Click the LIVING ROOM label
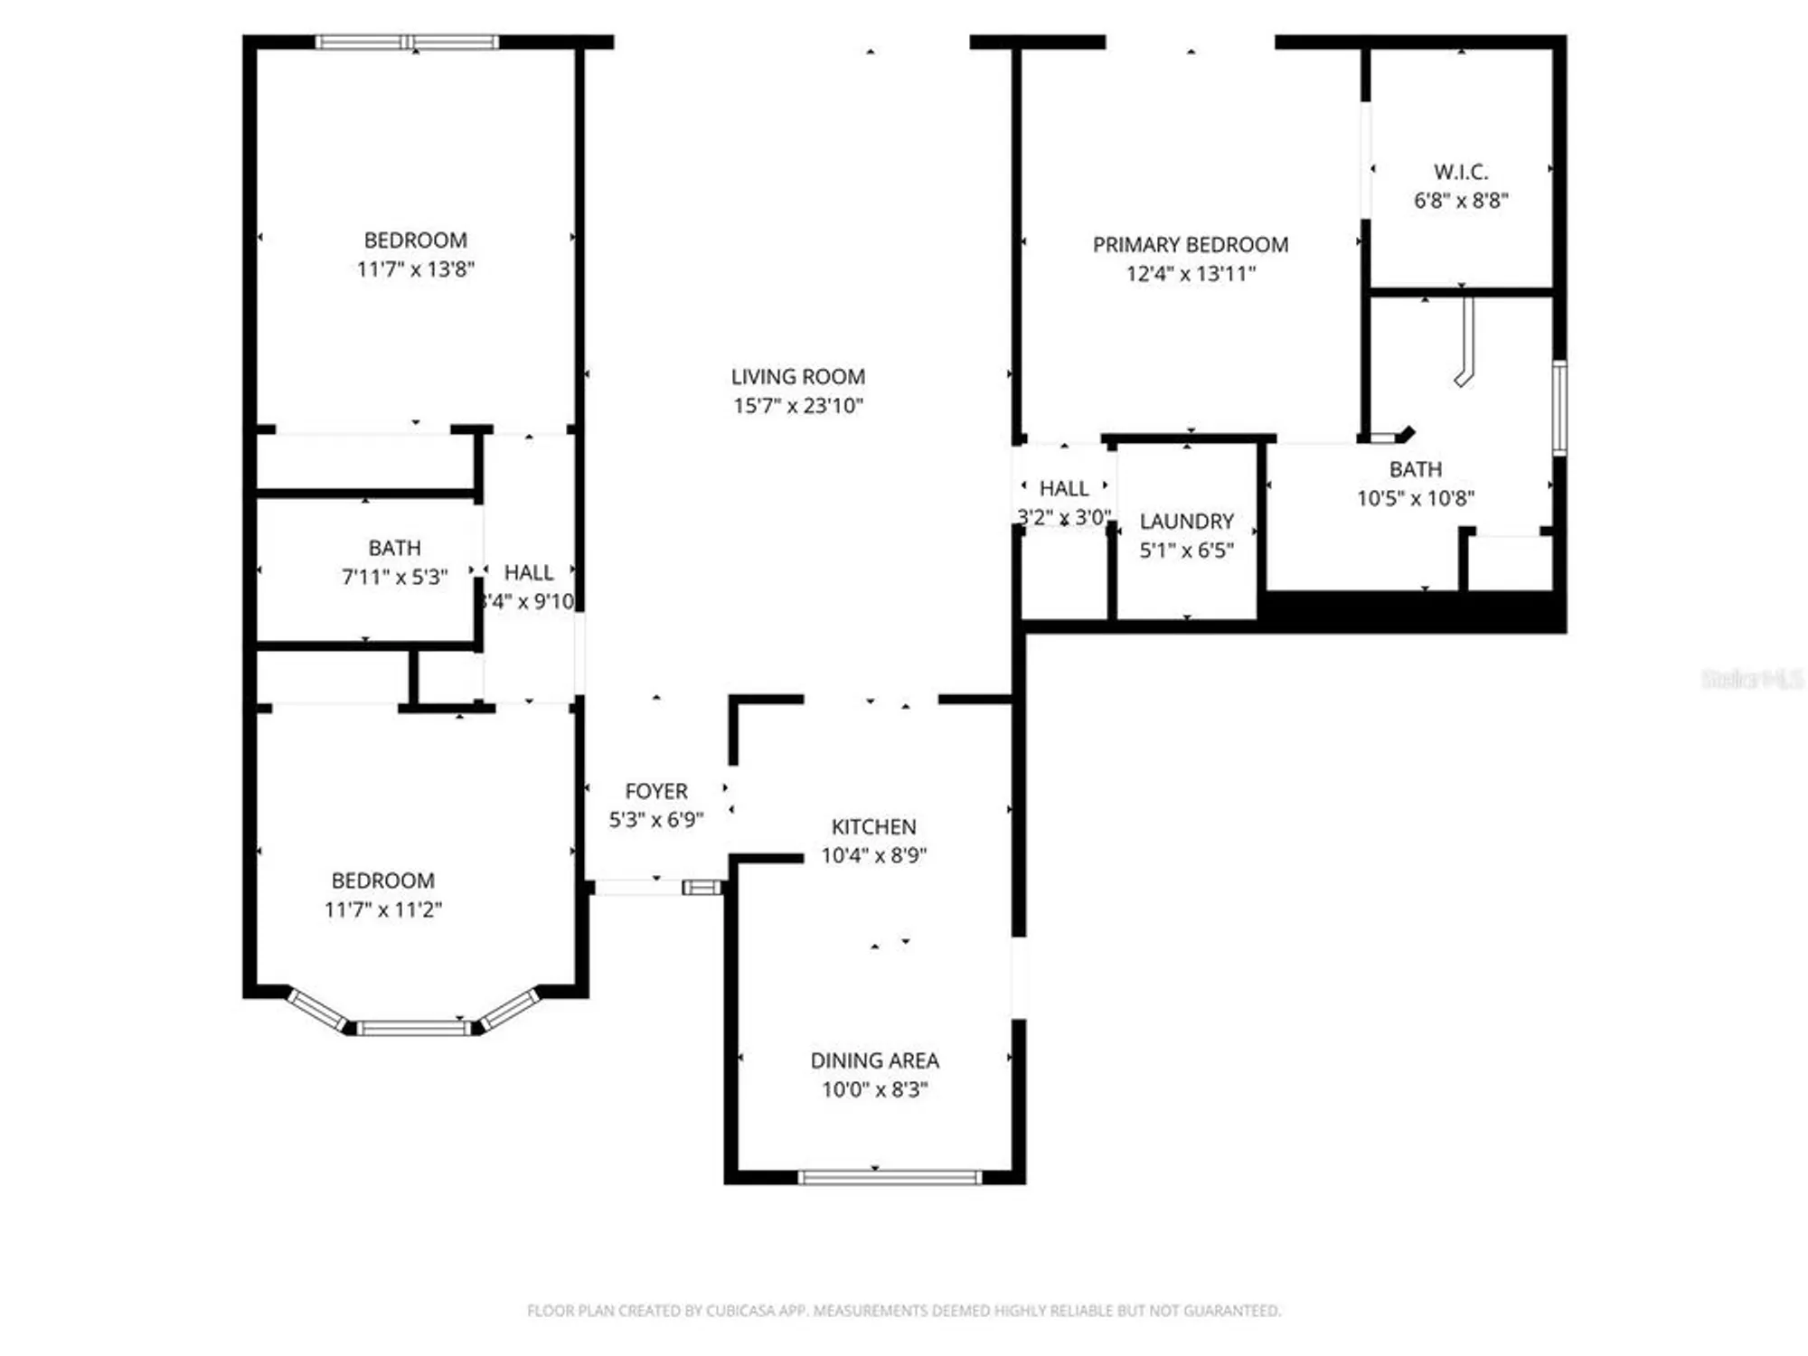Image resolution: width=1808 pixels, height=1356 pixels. coord(797,376)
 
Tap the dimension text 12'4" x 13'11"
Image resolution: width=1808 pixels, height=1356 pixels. coord(1191,273)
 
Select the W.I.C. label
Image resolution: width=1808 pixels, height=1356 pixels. coord(1460,171)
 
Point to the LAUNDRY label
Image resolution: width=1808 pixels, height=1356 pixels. coord(1186,521)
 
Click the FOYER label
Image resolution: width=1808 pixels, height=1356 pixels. coord(656,791)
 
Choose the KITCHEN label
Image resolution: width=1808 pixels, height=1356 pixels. coord(873,826)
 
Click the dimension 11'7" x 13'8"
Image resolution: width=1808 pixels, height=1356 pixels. coord(415,268)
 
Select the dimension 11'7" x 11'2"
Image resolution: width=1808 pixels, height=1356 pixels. coord(382,909)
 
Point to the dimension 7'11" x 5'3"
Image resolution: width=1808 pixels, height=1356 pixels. coord(394,576)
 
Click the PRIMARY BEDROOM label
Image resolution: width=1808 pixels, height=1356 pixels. coord(1190,244)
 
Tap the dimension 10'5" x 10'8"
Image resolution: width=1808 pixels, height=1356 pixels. coord(1415,497)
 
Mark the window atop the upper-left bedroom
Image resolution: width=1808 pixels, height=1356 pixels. coord(407,42)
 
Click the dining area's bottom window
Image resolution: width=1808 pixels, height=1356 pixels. coord(890,1177)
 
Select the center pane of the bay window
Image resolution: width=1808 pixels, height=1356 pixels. coord(413,1028)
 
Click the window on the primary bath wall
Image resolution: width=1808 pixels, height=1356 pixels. coord(1558,407)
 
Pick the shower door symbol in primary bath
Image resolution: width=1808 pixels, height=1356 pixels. coord(1465,344)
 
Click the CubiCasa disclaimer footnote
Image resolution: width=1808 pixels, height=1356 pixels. coord(904,1310)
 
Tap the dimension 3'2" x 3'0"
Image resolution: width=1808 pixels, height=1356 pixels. coord(1063,517)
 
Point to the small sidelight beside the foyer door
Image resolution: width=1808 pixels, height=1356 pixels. coord(702,888)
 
